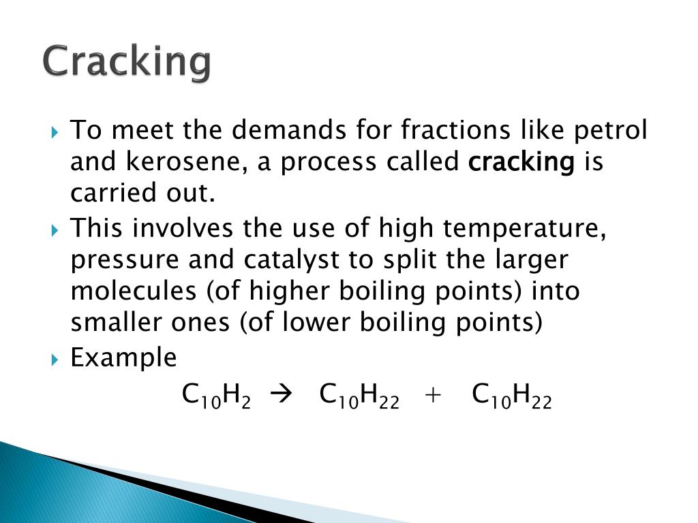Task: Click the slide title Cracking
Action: pyautogui.click(x=127, y=62)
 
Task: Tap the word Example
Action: pyautogui.click(x=123, y=358)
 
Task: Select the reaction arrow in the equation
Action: pyautogui.click(x=280, y=394)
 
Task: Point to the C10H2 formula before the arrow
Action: pyautogui.click(x=216, y=394)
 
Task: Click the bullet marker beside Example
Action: pyautogui.click(x=56, y=359)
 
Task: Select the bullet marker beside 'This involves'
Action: pyautogui.click(x=56, y=229)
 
